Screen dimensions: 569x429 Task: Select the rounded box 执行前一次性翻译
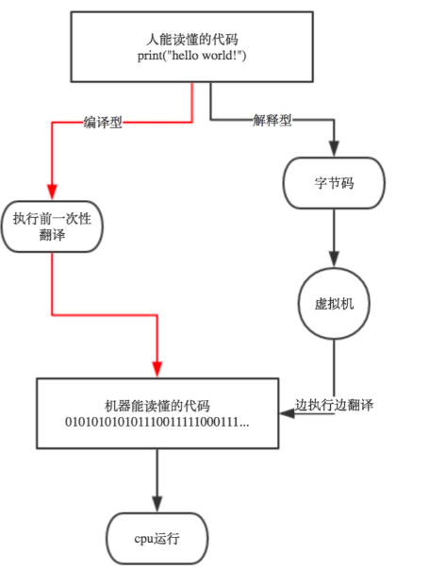(52, 226)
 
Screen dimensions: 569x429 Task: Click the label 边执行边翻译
(334, 405)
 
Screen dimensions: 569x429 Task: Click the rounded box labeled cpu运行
(157, 539)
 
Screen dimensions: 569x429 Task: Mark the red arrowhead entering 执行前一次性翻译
(52, 193)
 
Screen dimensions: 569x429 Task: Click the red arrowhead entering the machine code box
(157, 370)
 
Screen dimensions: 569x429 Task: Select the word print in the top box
(151, 58)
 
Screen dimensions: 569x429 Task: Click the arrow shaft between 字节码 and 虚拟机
(332, 231)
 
